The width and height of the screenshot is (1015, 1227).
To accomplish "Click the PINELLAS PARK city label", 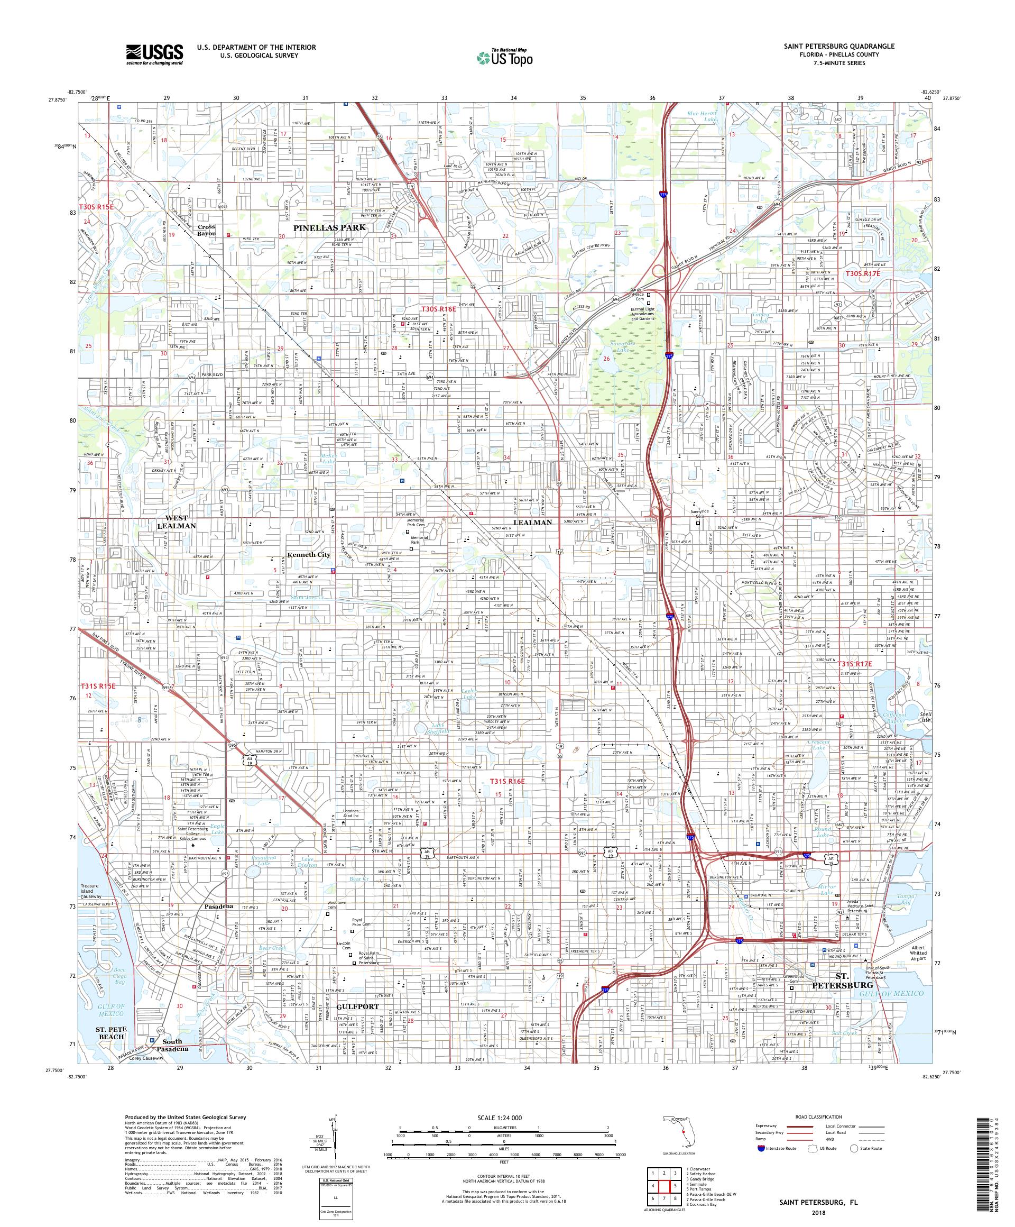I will [329, 227].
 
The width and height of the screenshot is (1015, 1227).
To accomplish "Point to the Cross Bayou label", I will [206, 230].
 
